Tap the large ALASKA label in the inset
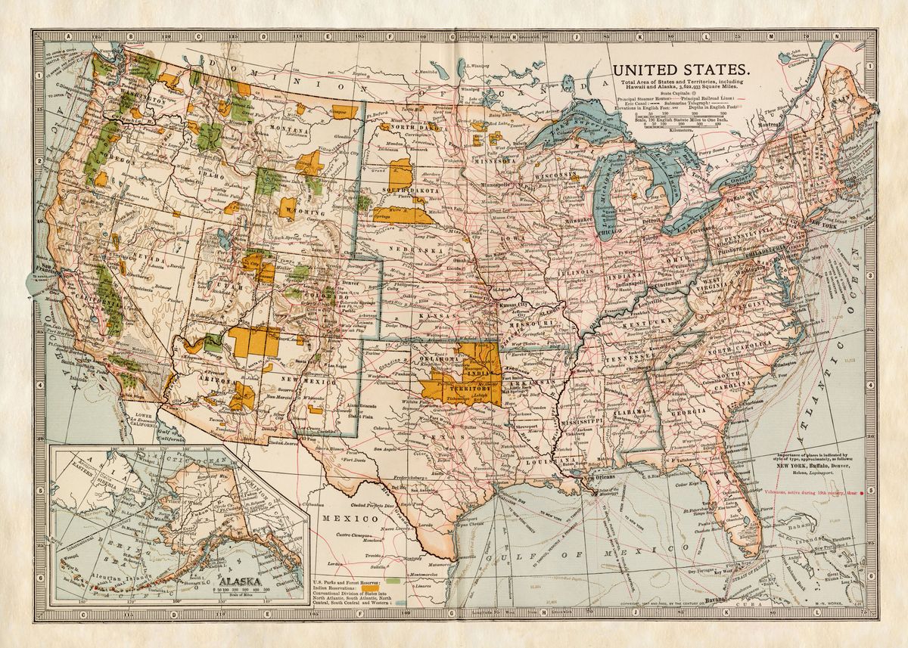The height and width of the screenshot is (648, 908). coord(238,581)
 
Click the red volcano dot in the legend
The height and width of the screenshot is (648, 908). coord(871,491)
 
